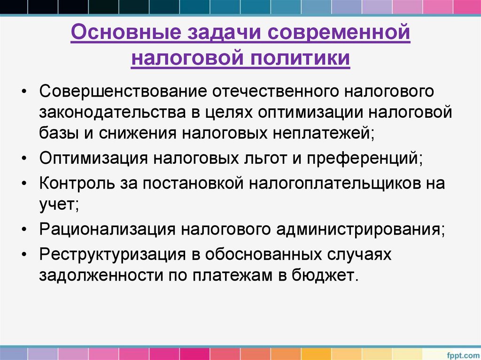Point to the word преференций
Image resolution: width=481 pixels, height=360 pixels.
pos(365,158)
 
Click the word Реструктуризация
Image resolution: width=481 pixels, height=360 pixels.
pos(111,254)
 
